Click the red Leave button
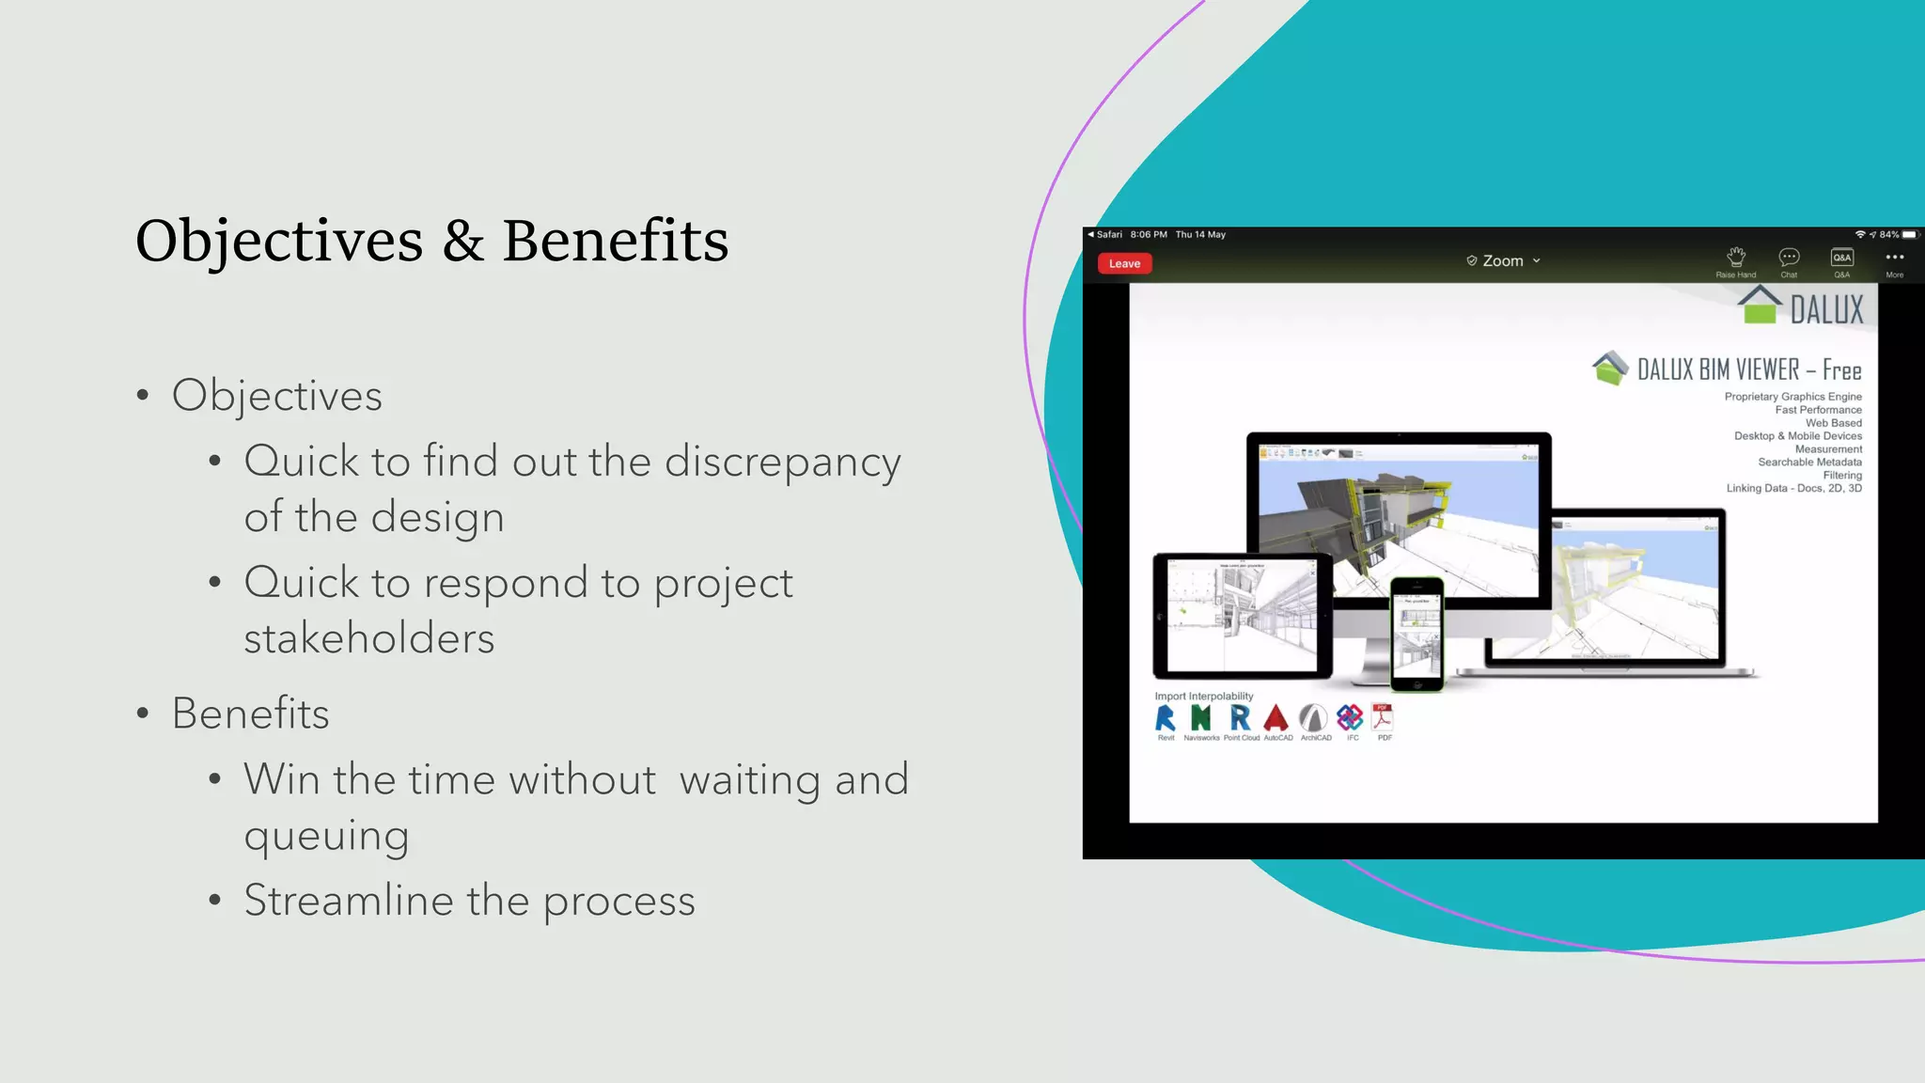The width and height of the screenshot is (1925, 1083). click(x=1124, y=263)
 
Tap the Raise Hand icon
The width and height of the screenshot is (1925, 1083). click(x=1735, y=257)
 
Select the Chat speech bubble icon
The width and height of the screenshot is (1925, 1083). click(x=1789, y=257)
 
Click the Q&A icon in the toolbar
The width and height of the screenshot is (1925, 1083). click(x=1841, y=257)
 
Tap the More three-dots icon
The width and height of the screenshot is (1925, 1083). click(x=1894, y=257)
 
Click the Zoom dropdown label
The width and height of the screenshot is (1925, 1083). click(x=1503, y=261)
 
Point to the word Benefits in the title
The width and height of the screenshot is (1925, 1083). click(x=615, y=241)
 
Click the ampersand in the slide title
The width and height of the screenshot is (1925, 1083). click(x=462, y=241)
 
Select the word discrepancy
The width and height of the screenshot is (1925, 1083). click(x=782, y=463)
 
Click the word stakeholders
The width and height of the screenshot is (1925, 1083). click(x=368, y=638)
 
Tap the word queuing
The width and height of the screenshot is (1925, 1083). click(x=326, y=836)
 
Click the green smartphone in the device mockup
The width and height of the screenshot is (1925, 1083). click(x=1416, y=634)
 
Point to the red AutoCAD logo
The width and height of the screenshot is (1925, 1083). click(x=1276, y=718)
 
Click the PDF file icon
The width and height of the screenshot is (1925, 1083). click(x=1383, y=717)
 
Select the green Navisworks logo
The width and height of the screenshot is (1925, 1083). click(x=1200, y=718)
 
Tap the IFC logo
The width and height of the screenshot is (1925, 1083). click(x=1350, y=718)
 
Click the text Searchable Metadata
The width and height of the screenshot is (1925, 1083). click(x=1809, y=463)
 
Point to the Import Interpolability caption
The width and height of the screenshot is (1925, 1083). click(x=1203, y=697)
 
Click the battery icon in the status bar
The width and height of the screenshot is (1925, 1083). click(x=1909, y=235)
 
